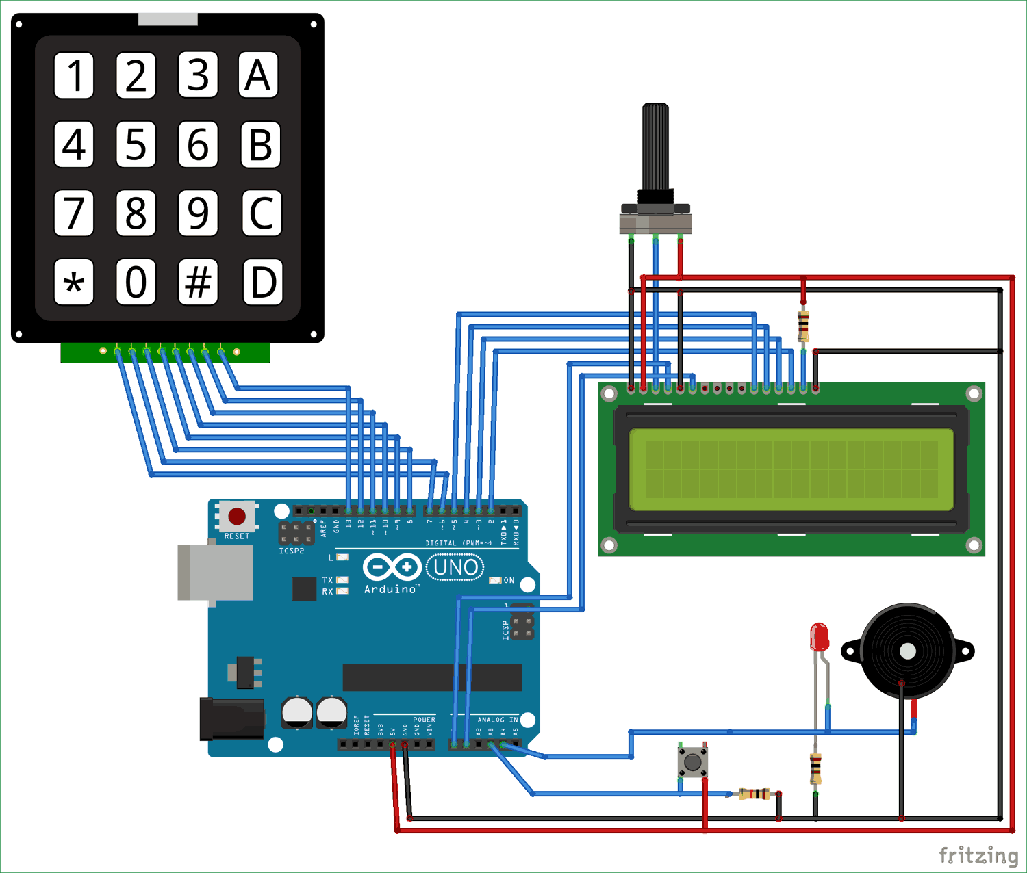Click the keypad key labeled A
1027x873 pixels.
pyautogui.click(x=258, y=75)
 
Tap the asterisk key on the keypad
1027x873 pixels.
pyautogui.click(x=74, y=281)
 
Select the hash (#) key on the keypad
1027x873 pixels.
pyautogui.click(x=198, y=281)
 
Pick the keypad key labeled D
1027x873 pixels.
pyautogui.click(x=263, y=281)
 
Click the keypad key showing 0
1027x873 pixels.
pyautogui.click(x=136, y=281)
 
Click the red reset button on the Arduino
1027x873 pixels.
pyautogui.click(x=237, y=516)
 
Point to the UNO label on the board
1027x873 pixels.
pyautogui.click(x=455, y=567)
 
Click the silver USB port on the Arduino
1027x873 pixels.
pyautogui.click(x=214, y=573)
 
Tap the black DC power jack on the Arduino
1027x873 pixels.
pyautogui.click(x=231, y=719)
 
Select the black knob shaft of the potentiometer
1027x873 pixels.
pyautogui.click(x=655, y=147)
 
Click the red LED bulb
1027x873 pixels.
pyautogui.click(x=819, y=637)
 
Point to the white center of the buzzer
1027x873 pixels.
pyautogui.click(x=908, y=651)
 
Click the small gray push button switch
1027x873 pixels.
pyautogui.click(x=693, y=761)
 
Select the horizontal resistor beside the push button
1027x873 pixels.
pyautogui.click(x=754, y=794)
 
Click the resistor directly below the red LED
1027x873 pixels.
pyautogui.click(x=815, y=768)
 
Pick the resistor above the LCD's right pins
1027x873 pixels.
pyautogui.click(x=803, y=326)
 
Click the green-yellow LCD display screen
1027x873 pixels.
pyautogui.click(x=791, y=469)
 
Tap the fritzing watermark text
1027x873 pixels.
pyautogui.click(x=978, y=855)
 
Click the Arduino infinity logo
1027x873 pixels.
pyautogui.click(x=392, y=567)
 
